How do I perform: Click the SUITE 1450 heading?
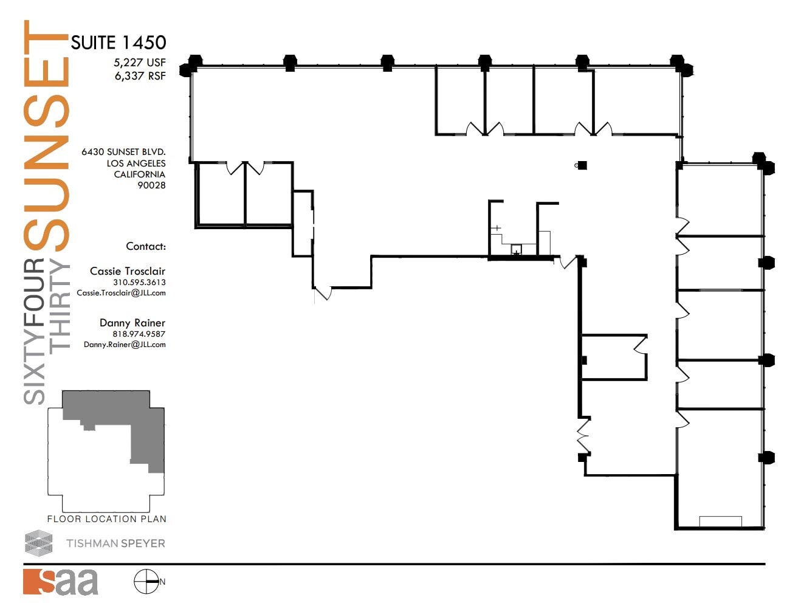[119, 43]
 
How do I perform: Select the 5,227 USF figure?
[139, 63]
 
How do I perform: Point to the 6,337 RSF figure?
[140, 76]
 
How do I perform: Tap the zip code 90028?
[151, 185]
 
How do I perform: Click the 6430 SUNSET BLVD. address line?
[123, 152]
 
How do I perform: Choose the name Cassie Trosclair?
[128, 271]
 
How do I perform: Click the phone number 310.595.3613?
[139, 283]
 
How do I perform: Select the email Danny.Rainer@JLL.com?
[125, 345]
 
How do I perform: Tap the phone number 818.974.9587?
[139, 334]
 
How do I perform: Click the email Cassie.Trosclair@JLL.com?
[121, 293]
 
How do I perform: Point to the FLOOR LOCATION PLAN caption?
[107, 519]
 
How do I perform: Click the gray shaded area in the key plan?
[146, 438]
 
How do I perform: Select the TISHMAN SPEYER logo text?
[115, 543]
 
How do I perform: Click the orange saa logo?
[61, 582]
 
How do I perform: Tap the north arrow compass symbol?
[146, 582]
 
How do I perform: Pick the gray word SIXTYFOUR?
[35, 331]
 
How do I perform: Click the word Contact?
[146, 246]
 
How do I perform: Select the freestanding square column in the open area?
[582, 165]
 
